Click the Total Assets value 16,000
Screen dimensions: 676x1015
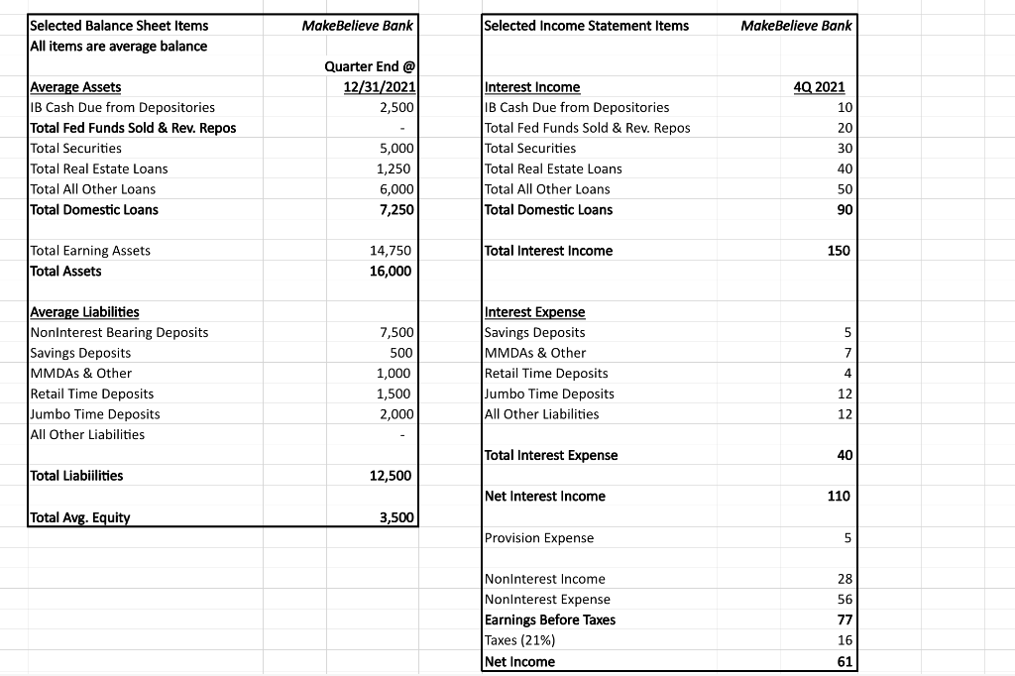tap(390, 271)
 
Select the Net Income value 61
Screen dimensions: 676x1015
tap(839, 661)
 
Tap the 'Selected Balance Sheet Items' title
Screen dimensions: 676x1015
tap(120, 25)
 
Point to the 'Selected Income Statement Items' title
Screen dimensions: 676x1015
tap(586, 25)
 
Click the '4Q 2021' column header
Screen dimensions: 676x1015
tap(819, 87)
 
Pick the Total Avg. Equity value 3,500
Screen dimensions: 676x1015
tap(394, 516)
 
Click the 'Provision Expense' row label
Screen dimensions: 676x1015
tap(539, 537)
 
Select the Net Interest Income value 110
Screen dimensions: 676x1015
tap(839, 496)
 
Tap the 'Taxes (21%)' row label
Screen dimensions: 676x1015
tap(519, 640)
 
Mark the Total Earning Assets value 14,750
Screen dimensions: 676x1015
tap(391, 250)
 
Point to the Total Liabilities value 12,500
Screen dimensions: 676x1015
tap(390, 475)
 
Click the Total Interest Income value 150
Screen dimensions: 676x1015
tap(839, 250)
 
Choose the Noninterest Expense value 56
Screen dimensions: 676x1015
tap(843, 599)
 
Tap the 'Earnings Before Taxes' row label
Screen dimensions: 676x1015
tap(549, 620)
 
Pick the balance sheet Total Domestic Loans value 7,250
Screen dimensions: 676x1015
tap(394, 209)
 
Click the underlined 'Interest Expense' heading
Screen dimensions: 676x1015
tap(534, 311)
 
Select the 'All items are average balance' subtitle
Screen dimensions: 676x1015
tap(119, 46)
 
